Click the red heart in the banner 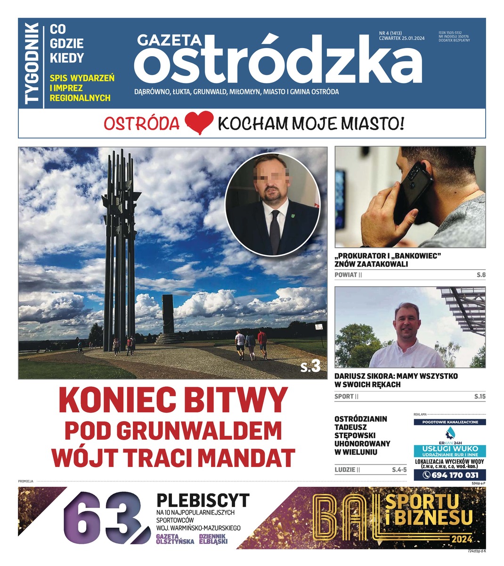tap(199, 123)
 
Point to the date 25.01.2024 tap(412, 39)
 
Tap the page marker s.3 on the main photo tap(310, 366)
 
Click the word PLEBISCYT tap(203, 500)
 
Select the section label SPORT tap(344, 397)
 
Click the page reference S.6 tap(480, 275)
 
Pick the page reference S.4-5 tap(398, 470)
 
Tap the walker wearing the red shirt tap(262, 343)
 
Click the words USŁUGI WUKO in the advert tap(449, 449)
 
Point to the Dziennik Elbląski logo tap(213, 539)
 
